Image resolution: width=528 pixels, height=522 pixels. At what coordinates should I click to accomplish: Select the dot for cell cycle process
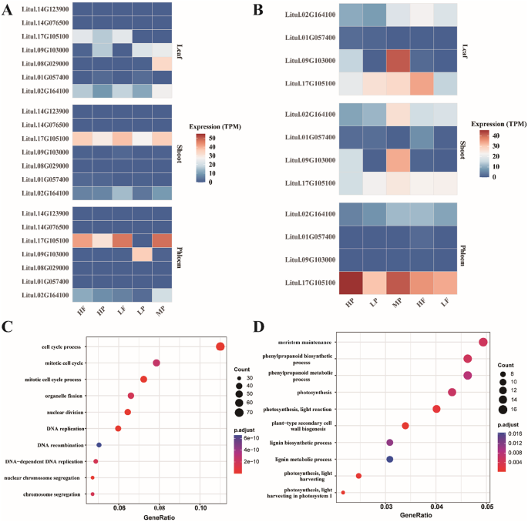pyautogui.click(x=220, y=346)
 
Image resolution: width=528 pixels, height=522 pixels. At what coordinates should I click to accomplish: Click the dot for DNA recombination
pyautogui.click(x=99, y=444)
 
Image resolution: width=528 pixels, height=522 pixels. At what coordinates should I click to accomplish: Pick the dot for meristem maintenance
pyautogui.click(x=483, y=342)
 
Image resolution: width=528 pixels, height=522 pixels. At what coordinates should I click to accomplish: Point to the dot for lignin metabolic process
pyautogui.click(x=390, y=459)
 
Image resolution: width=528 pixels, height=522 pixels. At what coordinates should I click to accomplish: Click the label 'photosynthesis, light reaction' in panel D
pyautogui.click(x=307, y=409)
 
